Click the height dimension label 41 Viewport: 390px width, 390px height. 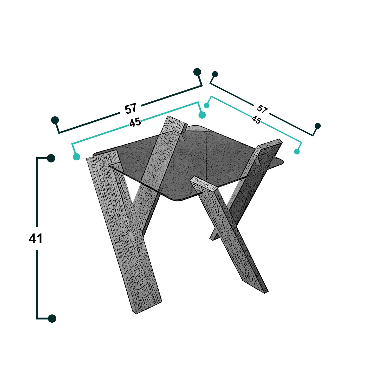click(36, 238)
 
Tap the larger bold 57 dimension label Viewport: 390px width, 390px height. click(131, 109)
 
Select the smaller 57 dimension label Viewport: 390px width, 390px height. click(262, 109)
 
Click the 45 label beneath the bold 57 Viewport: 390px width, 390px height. click(135, 122)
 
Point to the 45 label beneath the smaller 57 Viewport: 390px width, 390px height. click(256, 120)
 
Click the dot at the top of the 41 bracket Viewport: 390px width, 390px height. click(51, 158)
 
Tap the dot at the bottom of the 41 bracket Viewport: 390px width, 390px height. click(52, 318)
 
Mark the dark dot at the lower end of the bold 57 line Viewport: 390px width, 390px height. click(55, 120)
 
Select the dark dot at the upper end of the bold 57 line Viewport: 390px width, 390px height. click(197, 72)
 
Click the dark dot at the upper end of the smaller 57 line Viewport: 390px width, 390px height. click(215, 74)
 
